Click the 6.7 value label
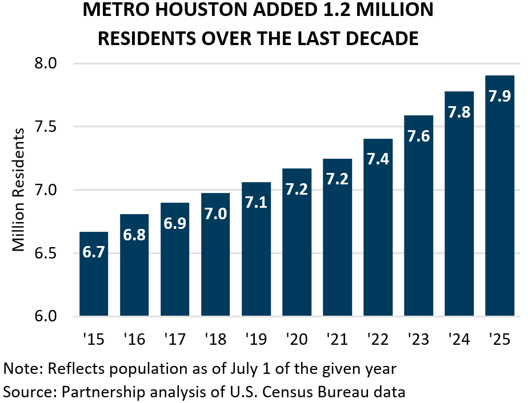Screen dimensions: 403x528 point(94,252)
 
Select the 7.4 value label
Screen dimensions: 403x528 point(378,159)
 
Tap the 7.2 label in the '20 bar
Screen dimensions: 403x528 point(297,189)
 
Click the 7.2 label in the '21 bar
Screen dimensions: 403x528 point(337,179)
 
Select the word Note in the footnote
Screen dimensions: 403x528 point(19,368)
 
